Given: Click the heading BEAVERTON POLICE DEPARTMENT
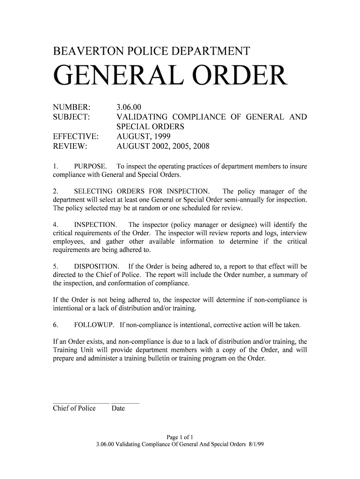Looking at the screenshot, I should [152, 52].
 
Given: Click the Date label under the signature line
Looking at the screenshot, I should [118, 408].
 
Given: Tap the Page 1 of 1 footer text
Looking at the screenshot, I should [180, 438].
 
